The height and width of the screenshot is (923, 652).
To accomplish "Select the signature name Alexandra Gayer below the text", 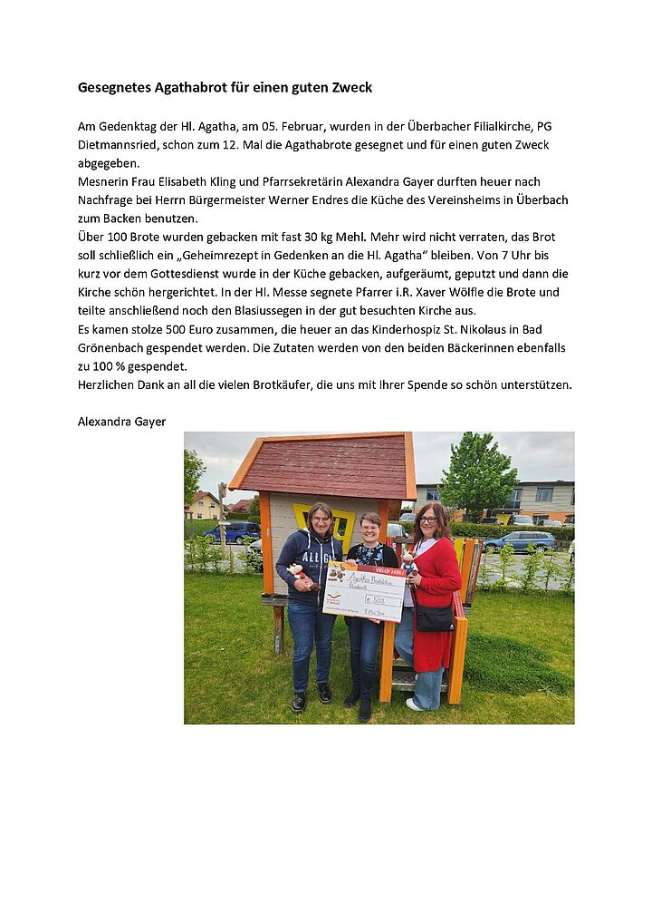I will tap(121, 422).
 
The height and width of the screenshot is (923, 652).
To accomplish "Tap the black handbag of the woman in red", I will tap(435, 618).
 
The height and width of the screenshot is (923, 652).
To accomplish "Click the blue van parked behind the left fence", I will tap(230, 532).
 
